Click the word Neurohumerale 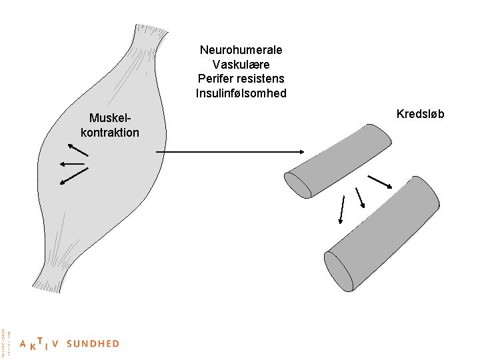[x=241, y=50]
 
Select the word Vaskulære [x=241, y=65]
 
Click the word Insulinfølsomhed [x=241, y=93]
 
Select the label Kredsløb [x=420, y=114]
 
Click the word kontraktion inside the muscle [x=110, y=132]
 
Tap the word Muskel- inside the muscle [x=110, y=118]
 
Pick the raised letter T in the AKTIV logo [x=41, y=340]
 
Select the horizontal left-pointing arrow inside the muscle [x=72, y=163]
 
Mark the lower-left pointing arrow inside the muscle [x=74, y=175]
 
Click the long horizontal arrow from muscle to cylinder [x=227, y=152]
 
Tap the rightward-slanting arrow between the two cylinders [x=379, y=181]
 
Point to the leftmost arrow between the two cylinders [x=342, y=209]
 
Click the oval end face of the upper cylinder [x=298, y=185]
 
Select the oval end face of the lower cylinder [x=339, y=271]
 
